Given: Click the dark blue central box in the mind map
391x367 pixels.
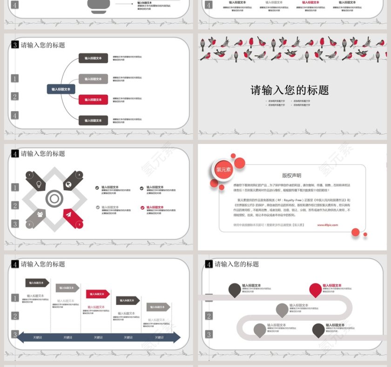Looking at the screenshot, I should pos(61,89).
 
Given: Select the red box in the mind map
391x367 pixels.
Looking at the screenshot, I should pos(93,100).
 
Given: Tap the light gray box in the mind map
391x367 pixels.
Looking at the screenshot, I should pos(93,79).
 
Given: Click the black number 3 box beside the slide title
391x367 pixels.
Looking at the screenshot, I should pos(15,45).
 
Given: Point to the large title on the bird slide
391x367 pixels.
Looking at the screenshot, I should pos(290,90).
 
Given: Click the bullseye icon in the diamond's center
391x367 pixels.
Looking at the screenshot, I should pos(54,199).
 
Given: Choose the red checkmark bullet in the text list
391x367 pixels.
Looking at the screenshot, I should pos(142,208).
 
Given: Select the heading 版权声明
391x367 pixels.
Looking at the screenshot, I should pos(291,176).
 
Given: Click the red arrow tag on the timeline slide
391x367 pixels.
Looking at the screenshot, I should pos(98,294).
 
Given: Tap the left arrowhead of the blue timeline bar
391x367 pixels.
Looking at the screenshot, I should pos(20,337).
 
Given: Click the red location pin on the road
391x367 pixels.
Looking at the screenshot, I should pos(316,290).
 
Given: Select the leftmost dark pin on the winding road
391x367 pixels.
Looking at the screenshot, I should pos(235,290).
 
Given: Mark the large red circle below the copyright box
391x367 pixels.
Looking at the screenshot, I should pos(356,232).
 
